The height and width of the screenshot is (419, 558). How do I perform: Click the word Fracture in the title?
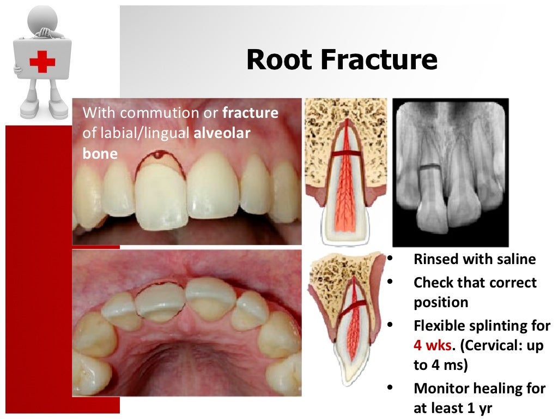click(379, 59)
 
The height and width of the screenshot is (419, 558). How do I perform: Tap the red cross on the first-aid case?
click(42, 61)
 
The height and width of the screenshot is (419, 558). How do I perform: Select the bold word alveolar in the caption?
click(222, 133)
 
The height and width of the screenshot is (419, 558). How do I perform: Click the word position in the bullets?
click(440, 302)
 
